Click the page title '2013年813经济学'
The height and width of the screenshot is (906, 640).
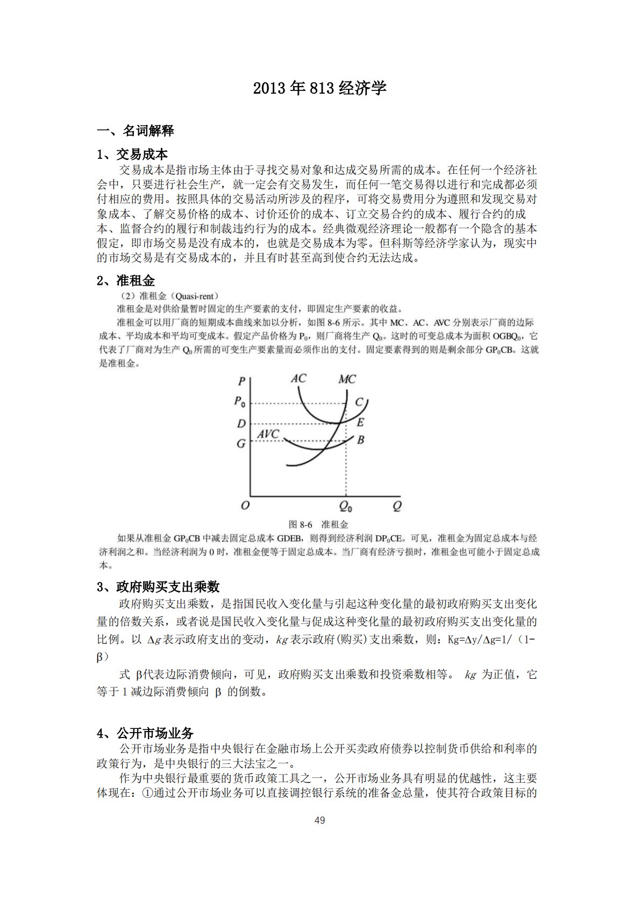click(x=319, y=88)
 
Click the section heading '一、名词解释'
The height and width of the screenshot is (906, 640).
click(x=135, y=131)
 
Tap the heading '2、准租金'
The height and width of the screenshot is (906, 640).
click(x=126, y=280)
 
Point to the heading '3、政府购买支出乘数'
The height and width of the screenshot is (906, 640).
click(x=158, y=587)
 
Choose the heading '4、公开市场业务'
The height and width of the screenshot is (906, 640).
click(x=145, y=733)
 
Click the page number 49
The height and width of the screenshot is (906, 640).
click(x=319, y=820)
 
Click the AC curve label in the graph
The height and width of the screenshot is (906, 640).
click(x=298, y=379)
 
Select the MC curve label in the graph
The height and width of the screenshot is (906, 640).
click(x=347, y=380)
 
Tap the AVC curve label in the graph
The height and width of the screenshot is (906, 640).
click(x=268, y=434)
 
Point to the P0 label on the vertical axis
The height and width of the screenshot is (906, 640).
click(x=240, y=402)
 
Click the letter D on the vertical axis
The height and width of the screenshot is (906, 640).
click(x=241, y=424)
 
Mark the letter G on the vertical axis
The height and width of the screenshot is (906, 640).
click(x=241, y=444)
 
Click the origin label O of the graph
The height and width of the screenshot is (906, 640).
click(x=245, y=505)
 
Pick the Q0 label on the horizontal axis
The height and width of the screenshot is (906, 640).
click(x=346, y=507)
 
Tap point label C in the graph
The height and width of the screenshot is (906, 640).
click(x=359, y=402)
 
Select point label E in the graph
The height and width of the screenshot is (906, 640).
click(x=360, y=423)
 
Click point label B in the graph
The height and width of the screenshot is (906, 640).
click(x=360, y=440)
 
